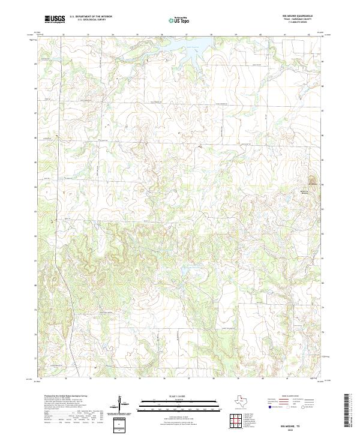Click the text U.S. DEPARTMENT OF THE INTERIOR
click(91, 17)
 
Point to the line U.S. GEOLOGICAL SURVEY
click(88, 20)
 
